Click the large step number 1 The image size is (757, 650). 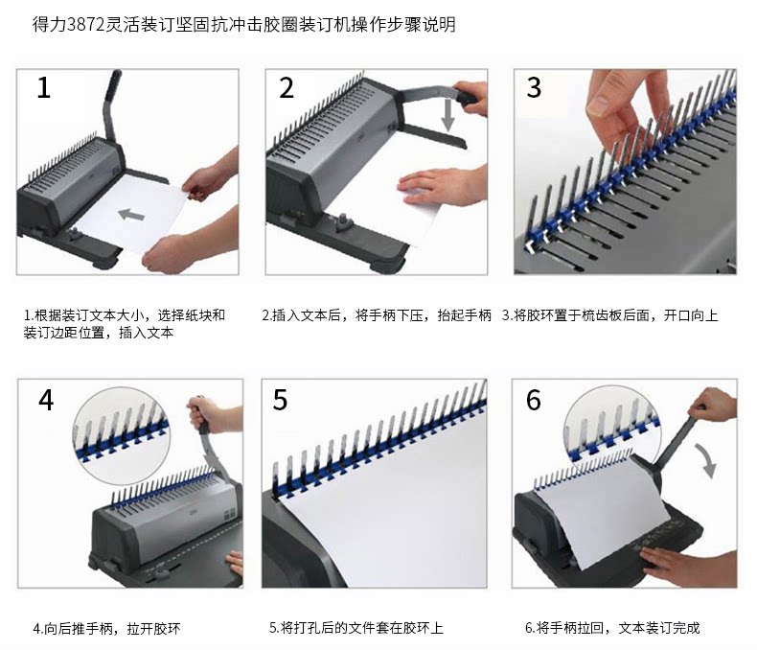tap(44, 88)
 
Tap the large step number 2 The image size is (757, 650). tap(287, 88)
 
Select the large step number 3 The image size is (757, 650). tap(534, 88)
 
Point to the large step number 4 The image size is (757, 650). tap(46, 400)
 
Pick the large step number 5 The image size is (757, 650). tap(280, 400)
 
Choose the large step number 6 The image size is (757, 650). tap(534, 400)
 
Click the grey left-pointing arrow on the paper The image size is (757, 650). tap(131, 214)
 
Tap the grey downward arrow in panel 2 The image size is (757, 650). tap(448, 115)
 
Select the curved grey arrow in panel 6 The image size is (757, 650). tap(707, 461)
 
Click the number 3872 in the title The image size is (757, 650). tap(86, 24)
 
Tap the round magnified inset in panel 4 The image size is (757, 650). tap(121, 435)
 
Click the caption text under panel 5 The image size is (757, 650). tap(356, 628)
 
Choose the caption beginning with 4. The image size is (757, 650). tap(106, 629)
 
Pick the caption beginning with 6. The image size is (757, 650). tap(612, 628)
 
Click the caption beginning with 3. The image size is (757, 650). tap(609, 315)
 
